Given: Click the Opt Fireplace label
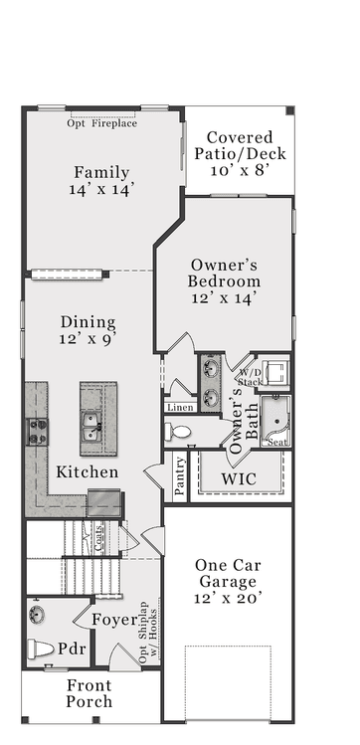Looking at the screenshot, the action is click(102, 123).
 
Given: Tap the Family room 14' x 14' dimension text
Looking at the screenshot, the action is click(98, 189).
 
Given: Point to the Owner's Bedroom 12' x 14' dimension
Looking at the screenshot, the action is click(224, 298).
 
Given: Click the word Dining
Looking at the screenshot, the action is click(88, 322).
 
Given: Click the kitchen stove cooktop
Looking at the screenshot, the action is click(37, 432).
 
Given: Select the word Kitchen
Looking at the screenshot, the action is click(88, 471).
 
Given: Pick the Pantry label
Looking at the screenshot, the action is click(180, 475).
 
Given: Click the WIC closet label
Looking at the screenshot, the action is click(239, 479).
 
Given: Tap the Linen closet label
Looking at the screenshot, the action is click(180, 407).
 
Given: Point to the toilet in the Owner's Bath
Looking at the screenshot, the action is click(178, 432).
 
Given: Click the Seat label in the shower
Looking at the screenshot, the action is click(277, 443).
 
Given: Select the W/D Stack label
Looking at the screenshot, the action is click(248, 377).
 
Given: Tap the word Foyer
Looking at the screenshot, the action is click(115, 620).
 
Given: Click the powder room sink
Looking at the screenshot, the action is click(36, 615).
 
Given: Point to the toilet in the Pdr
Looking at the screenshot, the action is click(41, 650).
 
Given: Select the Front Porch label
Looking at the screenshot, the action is click(90, 693).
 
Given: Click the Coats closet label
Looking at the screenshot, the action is click(98, 538).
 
